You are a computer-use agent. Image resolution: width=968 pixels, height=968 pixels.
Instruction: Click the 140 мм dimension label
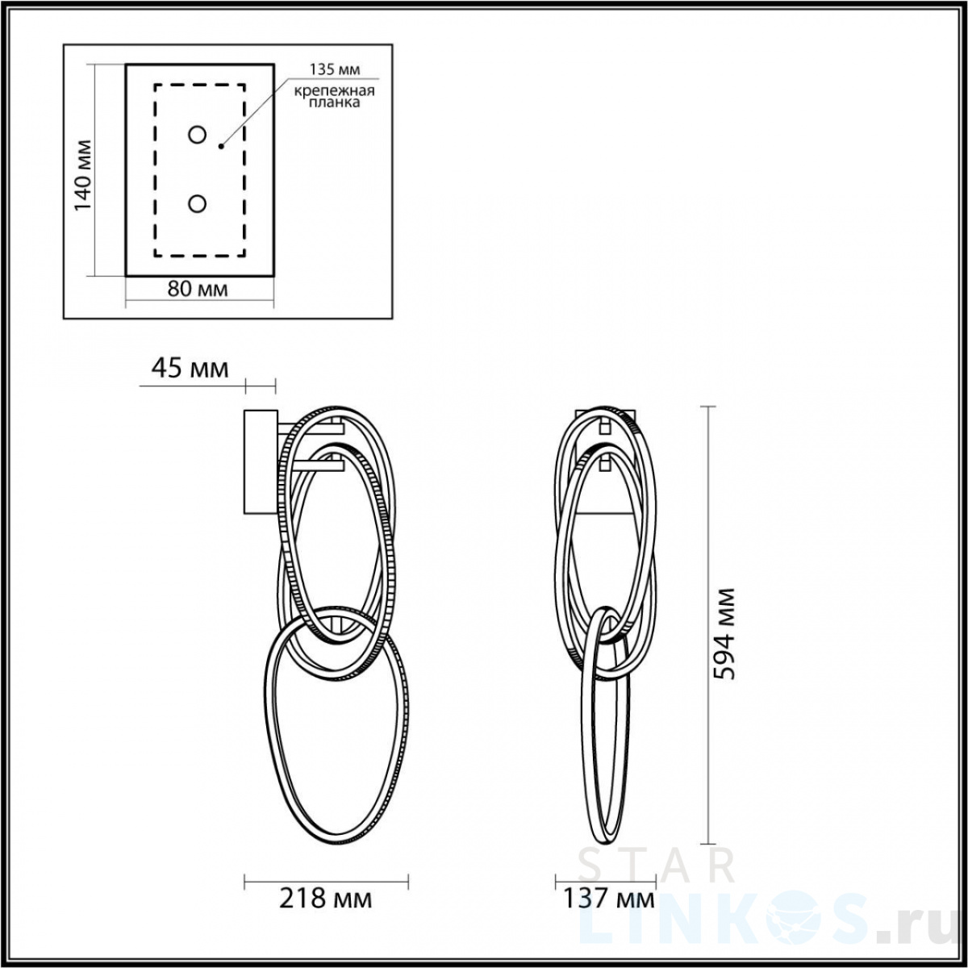[83, 175]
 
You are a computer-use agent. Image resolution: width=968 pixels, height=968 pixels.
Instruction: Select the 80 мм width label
[198, 290]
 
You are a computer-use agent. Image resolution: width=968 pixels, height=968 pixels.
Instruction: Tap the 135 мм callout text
[335, 69]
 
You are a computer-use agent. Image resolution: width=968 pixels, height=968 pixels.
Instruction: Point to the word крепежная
[335, 91]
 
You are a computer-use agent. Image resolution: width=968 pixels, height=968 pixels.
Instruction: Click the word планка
[334, 103]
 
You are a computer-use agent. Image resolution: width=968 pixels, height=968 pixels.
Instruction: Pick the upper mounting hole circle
[197, 136]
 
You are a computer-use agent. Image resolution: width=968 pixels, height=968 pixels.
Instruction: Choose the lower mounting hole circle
[197, 204]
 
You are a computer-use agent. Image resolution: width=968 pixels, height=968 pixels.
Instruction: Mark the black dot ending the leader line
[220, 146]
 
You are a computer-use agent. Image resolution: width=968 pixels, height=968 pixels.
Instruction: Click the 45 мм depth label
[190, 368]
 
